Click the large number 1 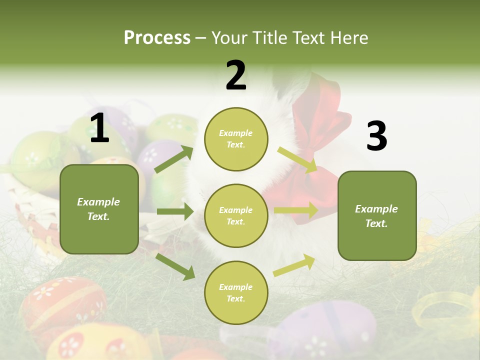pyautogui.click(x=99, y=128)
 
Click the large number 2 pyautogui.click(x=236, y=75)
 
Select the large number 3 pyautogui.click(x=376, y=136)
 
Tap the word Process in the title pyautogui.click(x=157, y=37)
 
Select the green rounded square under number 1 pyautogui.click(x=99, y=209)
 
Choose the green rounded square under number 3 pyautogui.click(x=377, y=215)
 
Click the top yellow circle pyautogui.click(x=236, y=139)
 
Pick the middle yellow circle pyautogui.click(x=236, y=215)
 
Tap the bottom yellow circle pyautogui.click(x=236, y=292)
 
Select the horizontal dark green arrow pyautogui.click(x=175, y=211)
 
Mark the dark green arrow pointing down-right pyautogui.click(x=175, y=266)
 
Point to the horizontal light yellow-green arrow pyautogui.click(x=296, y=210)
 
